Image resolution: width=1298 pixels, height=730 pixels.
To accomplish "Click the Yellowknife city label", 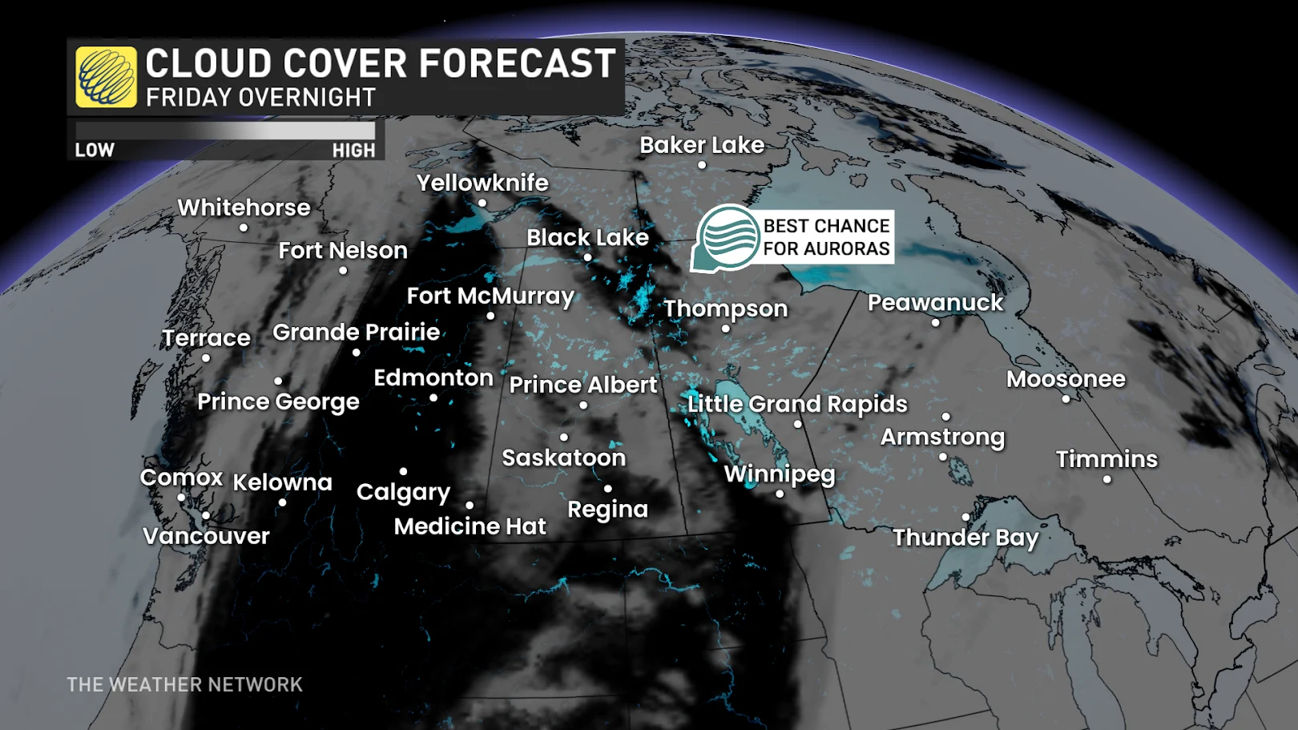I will [x=482, y=183].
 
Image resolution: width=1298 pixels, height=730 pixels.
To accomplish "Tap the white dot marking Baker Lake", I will [x=702, y=165].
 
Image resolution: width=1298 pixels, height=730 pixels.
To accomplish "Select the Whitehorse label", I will [x=244, y=208].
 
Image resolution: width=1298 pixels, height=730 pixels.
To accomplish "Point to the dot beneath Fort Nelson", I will [x=343, y=271].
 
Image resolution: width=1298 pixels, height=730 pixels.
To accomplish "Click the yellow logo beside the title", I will [x=106, y=77].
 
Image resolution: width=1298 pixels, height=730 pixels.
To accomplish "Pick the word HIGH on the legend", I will [x=353, y=150].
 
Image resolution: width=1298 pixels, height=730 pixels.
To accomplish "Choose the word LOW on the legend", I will [x=95, y=150].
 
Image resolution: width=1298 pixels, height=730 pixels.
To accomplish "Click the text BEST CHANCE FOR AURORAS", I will [x=826, y=237].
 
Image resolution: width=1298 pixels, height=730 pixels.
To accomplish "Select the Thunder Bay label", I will [x=965, y=537].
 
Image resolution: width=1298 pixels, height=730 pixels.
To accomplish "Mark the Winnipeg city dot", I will [x=780, y=494].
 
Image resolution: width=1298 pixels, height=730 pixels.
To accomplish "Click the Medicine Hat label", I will [x=470, y=526].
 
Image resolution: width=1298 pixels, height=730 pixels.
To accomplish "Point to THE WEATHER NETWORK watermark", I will [x=184, y=684].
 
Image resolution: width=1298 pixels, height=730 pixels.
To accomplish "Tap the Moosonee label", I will [x=1066, y=379].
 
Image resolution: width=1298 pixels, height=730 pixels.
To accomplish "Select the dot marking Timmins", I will [x=1107, y=480].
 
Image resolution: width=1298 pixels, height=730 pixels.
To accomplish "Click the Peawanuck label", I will [x=935, y=303].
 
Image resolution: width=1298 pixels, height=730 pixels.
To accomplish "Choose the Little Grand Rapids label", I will [x=797, y=404].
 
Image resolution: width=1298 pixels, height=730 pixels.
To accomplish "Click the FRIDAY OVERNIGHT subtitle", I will [x=260, y=98].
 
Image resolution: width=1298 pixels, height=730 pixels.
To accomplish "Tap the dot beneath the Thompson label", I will [x=726, y=329].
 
